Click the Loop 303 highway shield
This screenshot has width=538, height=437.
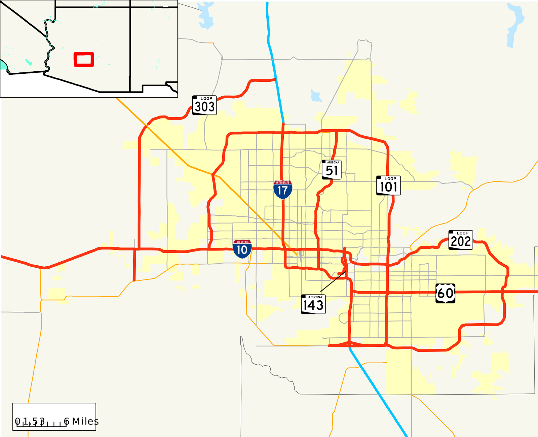(204, 105)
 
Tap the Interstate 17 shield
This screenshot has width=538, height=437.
(283, 190)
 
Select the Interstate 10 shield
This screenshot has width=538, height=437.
(242, 249)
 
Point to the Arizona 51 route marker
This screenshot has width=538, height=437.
(332, 170)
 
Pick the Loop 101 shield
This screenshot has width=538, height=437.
(388, 186)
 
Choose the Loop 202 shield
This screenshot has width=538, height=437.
(461, 240)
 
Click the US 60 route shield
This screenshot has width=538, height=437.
(445, 293)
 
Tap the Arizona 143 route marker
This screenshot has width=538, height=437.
(313, 304)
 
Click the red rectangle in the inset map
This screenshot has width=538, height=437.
(84, 60)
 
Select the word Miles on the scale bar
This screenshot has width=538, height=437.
(85, 422)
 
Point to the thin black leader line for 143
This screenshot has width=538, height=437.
(333, 281)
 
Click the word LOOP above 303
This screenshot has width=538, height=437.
(206, 99)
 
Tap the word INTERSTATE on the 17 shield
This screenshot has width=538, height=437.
(283, 182)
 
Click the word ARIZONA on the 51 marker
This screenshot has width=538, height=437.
(333, 162)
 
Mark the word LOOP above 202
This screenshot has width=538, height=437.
(463, 233)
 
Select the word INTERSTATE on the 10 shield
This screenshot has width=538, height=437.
(242, 242)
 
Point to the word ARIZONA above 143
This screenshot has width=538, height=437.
(315, 297)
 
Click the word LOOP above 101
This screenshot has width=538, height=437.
(390, 179)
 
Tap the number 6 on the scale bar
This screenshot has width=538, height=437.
(67, 422)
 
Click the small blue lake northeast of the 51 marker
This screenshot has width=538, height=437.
(316, 96)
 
